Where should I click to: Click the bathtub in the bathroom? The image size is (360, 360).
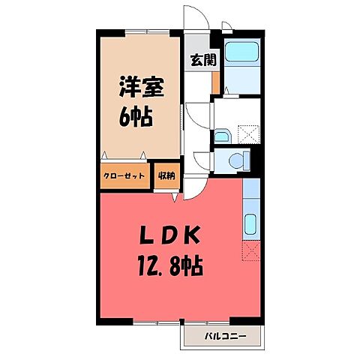click(241, 54)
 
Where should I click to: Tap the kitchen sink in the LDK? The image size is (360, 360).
click(251, 223)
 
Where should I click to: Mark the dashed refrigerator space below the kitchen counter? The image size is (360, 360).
click(251, 252)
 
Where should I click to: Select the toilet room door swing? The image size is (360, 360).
click(202, 160)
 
